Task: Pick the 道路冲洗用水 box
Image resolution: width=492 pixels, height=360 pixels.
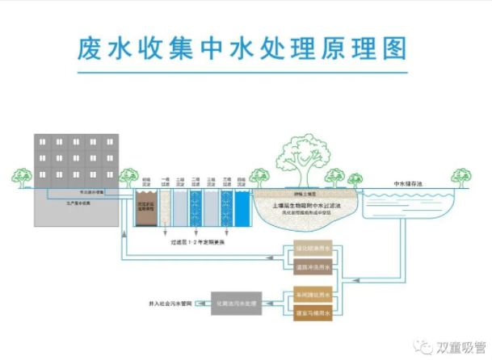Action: pyautogui.click(x=312, y=267)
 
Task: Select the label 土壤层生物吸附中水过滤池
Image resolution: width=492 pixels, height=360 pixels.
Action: pyautogui.click(x=305, y=206)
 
